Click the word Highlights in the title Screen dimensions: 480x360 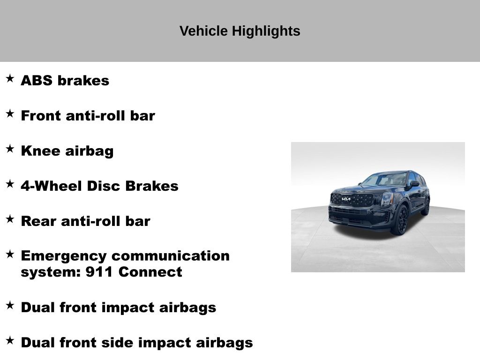point(266,31)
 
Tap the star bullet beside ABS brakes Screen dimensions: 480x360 point(10,78)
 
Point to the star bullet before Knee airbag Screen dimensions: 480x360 point(10,149)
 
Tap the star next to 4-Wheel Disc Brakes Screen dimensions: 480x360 point(10,184)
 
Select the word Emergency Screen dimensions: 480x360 point(64,256)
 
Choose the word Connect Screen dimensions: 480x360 point(150,272)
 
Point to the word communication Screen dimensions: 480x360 point(171,256)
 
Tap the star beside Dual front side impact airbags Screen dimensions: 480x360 point(10,340)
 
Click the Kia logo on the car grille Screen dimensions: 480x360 point(346,199)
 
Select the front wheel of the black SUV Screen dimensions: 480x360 point(401,219)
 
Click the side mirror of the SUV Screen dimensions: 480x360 point(414,184)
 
